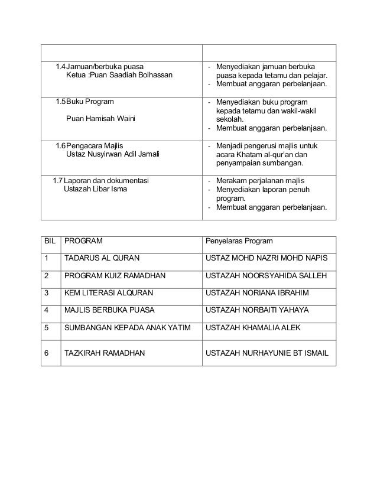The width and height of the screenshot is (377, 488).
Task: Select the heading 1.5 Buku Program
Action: [84, 102]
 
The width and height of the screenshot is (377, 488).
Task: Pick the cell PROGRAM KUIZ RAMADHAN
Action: [115, 275]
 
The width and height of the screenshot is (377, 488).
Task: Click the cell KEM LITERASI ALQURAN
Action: [108, 292]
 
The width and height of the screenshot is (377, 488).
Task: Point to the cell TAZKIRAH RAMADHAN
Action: [105, 353]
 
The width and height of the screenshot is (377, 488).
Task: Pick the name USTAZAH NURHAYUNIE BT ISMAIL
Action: [267, 353]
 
